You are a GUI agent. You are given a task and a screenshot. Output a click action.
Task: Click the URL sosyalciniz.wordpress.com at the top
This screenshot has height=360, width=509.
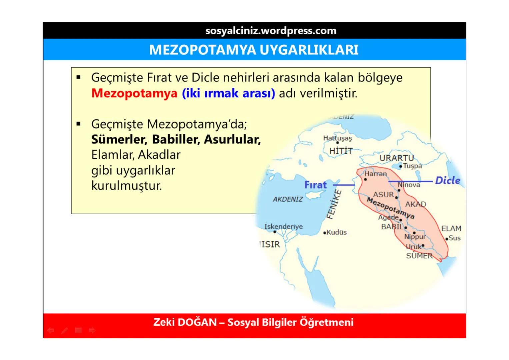pyautogui.click(x=271, y=31)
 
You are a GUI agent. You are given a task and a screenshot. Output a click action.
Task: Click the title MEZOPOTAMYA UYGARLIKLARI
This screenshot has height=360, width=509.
pyautogui.click(x=254, y=50)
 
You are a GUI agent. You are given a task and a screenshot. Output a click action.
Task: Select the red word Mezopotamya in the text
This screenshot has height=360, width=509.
pyautogui.click(x=134, y=93)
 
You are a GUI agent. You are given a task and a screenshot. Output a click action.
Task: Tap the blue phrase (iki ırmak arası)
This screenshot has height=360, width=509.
pyautogui.click(x=228, y=93)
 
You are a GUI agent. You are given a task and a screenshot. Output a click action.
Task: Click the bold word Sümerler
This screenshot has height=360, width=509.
pyautogui.click(x=119, y=139)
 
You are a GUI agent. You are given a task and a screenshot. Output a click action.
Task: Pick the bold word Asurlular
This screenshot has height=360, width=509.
pyautogui.click(x=232, y=139)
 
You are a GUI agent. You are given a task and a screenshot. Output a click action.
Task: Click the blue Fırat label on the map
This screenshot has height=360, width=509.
pyautogui.click(x=315, y=185)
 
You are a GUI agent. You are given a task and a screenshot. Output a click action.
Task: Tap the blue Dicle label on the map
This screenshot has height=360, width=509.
pyautogui.click(x=447, y=180)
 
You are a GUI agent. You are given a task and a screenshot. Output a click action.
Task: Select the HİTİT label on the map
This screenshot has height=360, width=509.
pyautogui.click(x=341, y=151)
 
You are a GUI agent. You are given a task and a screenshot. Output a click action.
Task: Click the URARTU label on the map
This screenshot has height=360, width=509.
pyautogui.click(x=396, y=158)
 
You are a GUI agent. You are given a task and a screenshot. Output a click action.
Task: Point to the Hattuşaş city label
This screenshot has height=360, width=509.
pyautogui.click(x=337, y=138)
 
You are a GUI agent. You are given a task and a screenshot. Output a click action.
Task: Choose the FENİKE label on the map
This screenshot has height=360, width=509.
pyautogui.click(x=334, y=204)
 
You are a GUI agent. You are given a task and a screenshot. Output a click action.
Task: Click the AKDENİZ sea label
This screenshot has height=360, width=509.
pyautogui.click(x=288, y=199)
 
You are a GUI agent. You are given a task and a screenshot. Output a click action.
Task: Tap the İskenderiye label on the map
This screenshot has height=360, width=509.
pyautogui.click(x=283, y=226)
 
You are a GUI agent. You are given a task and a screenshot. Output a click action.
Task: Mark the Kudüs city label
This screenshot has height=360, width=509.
pyautogui.click(x=336, y=232)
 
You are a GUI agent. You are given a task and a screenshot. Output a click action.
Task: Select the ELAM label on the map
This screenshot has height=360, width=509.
pyautogui.click(x=451, y=228)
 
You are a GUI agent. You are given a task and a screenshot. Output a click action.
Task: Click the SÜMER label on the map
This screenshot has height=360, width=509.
pyautogui.click(x=419, y=256)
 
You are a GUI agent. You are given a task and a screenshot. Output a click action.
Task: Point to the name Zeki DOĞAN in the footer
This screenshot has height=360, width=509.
pyautogui.click(x=185, y=322)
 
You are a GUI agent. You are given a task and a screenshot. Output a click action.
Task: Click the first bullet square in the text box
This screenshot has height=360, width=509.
pyautogui.click(x=79, y=78)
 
